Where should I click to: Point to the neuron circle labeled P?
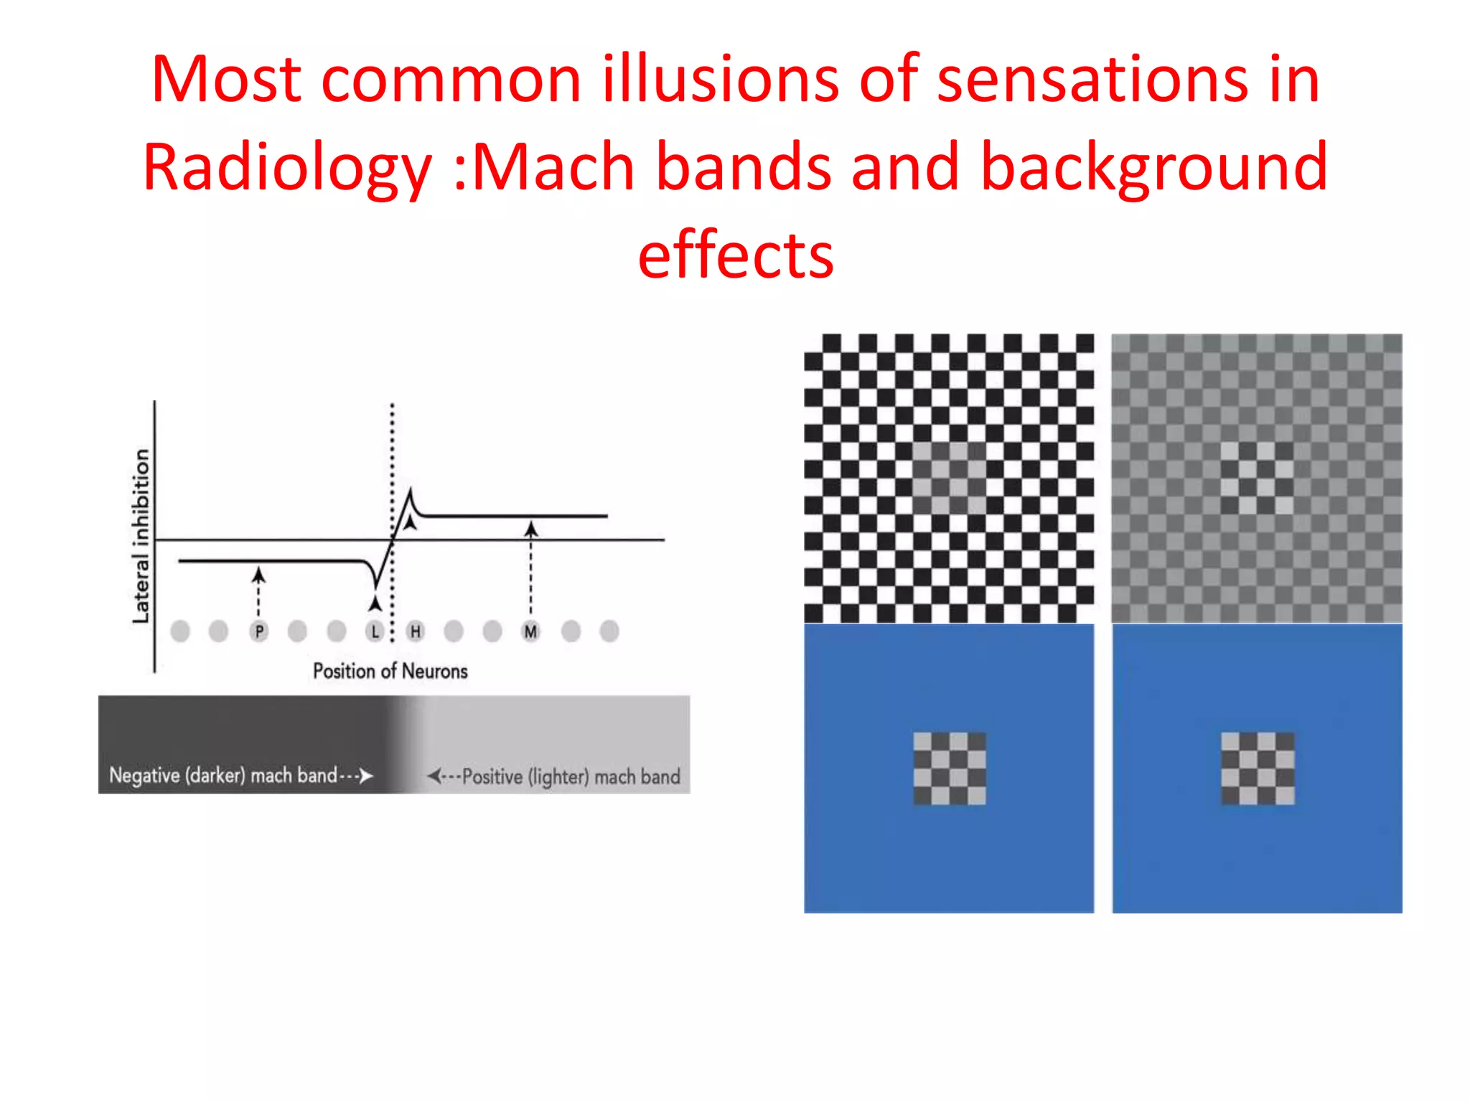click(259, 631)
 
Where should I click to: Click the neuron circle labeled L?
click(375, 631)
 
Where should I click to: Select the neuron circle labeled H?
click(415, 631)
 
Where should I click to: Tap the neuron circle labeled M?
click(530, 631)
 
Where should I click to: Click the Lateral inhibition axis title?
click(141, 536)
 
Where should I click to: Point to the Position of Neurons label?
click(390, 672)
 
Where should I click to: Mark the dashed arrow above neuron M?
click(530, 567)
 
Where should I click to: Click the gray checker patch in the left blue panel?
click(950, 768)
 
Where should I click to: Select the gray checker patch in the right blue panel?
click(1258, 768)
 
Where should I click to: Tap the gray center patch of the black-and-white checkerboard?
click(950, 477)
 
